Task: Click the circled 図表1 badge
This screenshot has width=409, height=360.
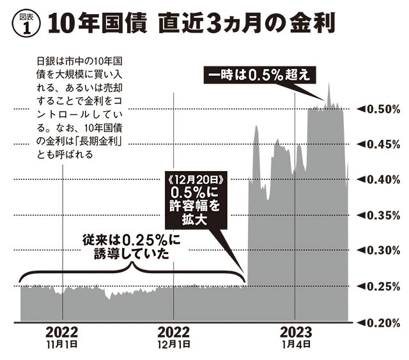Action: [x=24, y=25]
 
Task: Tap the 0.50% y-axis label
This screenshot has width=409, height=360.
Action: [x=377, y=109]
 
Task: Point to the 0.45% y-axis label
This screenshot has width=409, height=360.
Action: [x=377, y=144]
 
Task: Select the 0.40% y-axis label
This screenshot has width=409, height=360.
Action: [x=377, y=180]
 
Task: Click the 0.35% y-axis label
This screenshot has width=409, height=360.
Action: [x=377, y=215]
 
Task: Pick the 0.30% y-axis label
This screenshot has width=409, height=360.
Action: [x=377, y=251]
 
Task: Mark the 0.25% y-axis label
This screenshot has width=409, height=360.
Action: [x=377, y=287]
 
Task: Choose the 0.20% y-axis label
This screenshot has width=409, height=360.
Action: [x=377, y=322]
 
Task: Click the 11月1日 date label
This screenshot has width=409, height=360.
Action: [x=62, y=344]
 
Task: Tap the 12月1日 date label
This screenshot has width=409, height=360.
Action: [x=174, y=344]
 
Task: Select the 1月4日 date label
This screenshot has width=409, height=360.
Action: [x=295, y=344]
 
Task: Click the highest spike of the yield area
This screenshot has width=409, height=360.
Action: [x=328, y=84]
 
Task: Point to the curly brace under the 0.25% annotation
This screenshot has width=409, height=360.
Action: [x=131, y=273]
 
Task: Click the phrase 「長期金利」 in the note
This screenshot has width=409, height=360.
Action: [x=96, y=142]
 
